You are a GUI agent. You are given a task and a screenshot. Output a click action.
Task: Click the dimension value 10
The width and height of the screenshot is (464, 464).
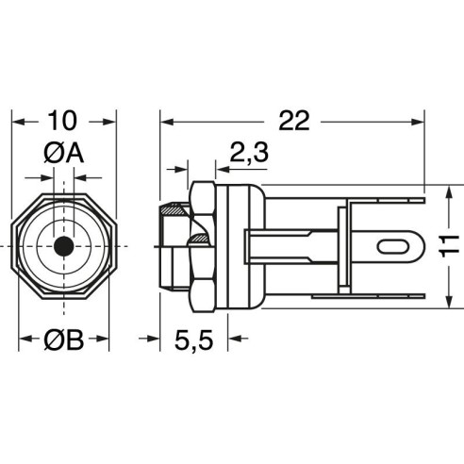62,121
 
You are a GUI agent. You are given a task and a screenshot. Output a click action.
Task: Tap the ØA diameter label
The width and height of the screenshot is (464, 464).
64,154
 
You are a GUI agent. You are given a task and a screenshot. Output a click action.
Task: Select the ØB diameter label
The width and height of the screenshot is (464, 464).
64,340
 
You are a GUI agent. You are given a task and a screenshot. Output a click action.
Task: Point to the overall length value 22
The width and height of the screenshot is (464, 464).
294,121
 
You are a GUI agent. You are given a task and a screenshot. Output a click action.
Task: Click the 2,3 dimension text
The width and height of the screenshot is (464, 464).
249,152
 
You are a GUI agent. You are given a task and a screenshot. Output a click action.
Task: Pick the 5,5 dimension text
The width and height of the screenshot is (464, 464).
194,340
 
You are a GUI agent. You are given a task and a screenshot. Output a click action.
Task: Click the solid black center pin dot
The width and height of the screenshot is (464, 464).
64,246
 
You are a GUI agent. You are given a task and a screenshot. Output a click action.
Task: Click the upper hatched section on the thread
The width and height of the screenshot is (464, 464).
173,210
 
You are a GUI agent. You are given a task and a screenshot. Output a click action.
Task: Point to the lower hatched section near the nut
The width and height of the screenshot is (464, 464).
198,239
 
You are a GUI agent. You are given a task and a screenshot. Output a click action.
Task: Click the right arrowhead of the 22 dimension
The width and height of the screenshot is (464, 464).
418,122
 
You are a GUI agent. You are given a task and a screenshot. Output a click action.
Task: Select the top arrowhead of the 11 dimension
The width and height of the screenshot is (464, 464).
450,191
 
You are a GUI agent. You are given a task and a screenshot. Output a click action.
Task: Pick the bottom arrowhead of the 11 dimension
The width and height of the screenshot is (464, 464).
450,301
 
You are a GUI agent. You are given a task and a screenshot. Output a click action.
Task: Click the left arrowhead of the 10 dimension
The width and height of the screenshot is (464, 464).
18,122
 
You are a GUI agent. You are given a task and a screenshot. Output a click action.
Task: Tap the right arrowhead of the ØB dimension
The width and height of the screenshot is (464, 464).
103,339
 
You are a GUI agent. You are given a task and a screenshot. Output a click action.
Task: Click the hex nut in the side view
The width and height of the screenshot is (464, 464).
203,247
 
